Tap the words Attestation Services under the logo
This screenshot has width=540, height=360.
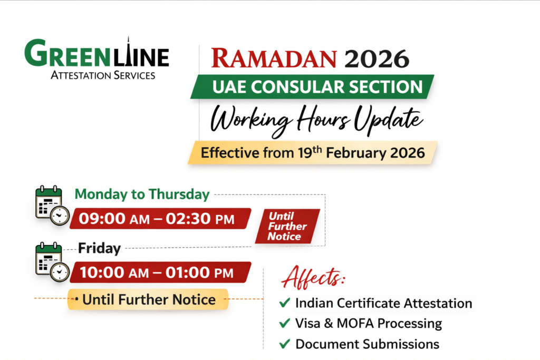[102, 75]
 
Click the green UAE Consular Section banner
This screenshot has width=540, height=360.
[312, 87]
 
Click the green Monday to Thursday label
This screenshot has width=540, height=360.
[142, 194]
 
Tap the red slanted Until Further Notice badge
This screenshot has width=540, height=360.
[287, 226]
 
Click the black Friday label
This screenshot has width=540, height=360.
[99, 248]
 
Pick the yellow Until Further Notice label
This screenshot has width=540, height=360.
[148, 300]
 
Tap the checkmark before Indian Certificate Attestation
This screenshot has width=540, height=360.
[285, 303]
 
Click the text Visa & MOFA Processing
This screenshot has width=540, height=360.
[369, 323]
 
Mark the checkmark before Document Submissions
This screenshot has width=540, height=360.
[285, 344]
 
